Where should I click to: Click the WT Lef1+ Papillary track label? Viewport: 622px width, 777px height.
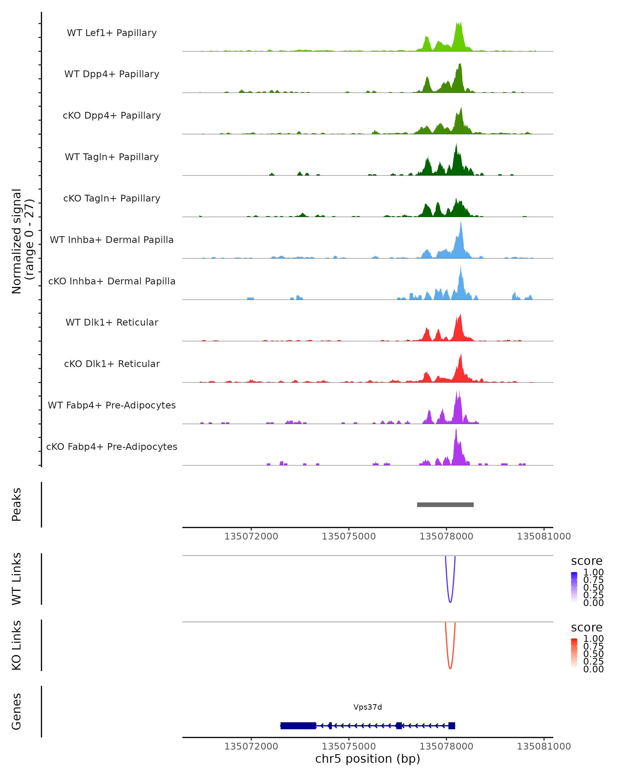(x=112, y=33)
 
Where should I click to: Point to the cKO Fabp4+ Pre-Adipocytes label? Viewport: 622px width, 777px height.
(x=112, y=447)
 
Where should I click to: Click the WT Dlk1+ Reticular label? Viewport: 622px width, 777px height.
(x=112, y=322)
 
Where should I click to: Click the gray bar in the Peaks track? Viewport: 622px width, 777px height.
(x=445, y=505)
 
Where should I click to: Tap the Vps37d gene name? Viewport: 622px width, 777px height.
(x=367, y=707)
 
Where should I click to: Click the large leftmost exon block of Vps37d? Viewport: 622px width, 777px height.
(x=298, y=725)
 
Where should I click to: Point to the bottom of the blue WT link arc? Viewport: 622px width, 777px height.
(x=450, y=602)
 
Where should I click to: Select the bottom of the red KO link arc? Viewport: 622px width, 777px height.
(x=450, y=668)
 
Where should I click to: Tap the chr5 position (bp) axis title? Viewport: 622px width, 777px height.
(x=367, y=759)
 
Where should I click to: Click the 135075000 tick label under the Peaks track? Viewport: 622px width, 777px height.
(x=349, y=536)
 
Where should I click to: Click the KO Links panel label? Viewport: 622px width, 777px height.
(x=17, y=645)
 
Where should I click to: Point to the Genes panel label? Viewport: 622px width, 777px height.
(x=17, y=711)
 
